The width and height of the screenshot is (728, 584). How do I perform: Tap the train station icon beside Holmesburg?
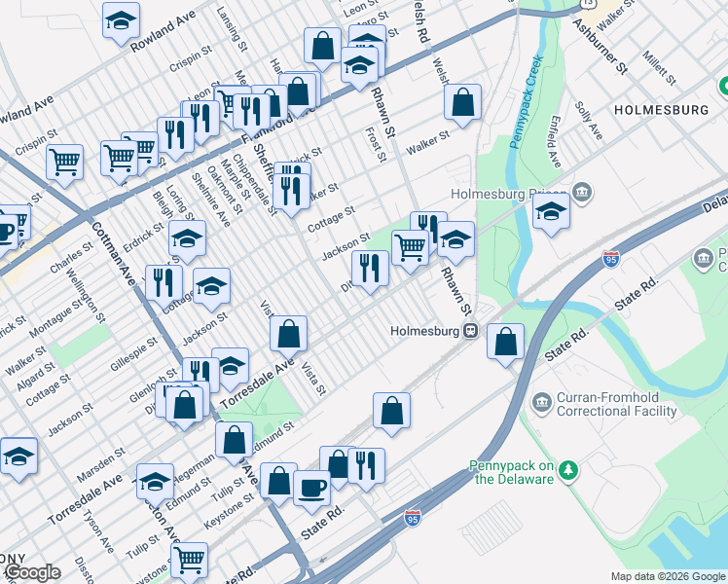tap(470, 330)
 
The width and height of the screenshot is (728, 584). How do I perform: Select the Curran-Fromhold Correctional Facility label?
tap(616, 405)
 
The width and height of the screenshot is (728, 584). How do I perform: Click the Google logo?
tap(33, 572)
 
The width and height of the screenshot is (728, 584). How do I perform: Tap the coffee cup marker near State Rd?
tap(311, 487)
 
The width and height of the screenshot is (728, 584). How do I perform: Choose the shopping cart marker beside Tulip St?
tap(189, 559)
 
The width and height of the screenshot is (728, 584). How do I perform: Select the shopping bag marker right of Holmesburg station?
tap(505, 342)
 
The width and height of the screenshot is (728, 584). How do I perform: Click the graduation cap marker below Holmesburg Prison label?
tap(552, 212)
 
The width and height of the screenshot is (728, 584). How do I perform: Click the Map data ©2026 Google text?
tap(667, 576)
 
